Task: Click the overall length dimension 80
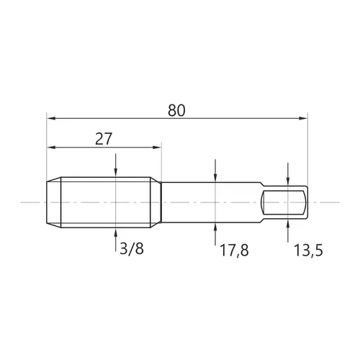pyautogui.click(x=176, y=110)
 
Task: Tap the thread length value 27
pyautogui.click(x=104, y=139)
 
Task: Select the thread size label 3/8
pyautogui.click(x=132, y=248)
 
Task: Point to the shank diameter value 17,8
pyautogui.click(x=234, y=250)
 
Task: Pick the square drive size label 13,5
pyautogui.click(x=308, y=250)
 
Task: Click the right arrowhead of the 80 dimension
pyautogui.click(x=303, y=118)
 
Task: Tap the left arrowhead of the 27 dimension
pyautogui.click(x=51, y=147)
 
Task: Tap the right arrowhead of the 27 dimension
pyautogui.click(x=157, y=147)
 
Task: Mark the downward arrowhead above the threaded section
pyautogui.click(x=116, y=173)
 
